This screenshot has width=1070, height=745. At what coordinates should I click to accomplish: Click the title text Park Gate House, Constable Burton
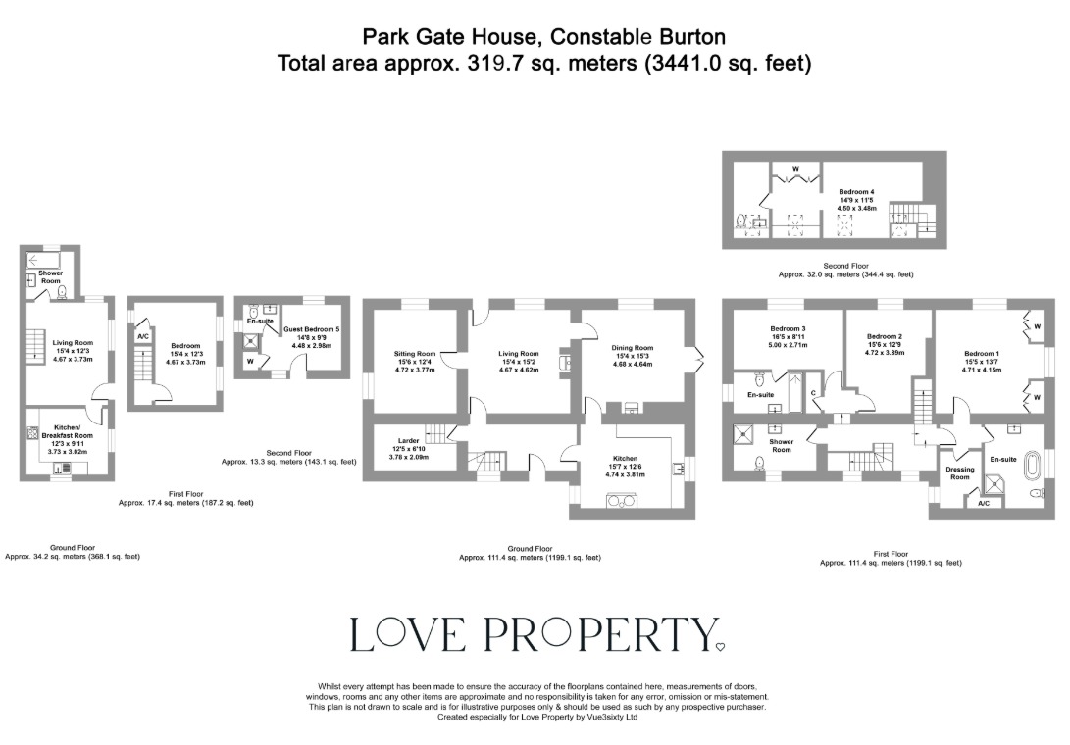pyautogui.click(x=544, y=38)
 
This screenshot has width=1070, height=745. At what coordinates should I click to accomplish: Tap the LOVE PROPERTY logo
pyautogui.click(x=535, y=635)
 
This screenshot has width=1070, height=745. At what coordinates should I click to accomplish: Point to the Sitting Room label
pyautogui.click(x=413, y=354)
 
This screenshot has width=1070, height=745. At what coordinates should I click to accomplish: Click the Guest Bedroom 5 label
pyautogui.click(x=311, y=329)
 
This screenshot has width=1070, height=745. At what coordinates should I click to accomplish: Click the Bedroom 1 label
pyautogui.click(x=982, y=354)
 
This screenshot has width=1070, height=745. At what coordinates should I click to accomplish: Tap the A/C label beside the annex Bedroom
pyautogui.click(x=143, y=336)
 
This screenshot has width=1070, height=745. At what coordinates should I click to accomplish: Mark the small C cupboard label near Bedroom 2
pyautogui.click(x=815, y=393)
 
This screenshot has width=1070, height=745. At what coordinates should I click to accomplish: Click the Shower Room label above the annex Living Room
pyautogui.click(x=51, y=277)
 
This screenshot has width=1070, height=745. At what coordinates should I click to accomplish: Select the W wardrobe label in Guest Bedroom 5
pyautogui.click(x=251, y=360)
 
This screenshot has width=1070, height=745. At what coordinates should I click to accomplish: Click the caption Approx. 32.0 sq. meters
pyautogui.click(x=845, y=275)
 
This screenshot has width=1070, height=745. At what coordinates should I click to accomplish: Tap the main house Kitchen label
pyautogui.click(x=625, y=459)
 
